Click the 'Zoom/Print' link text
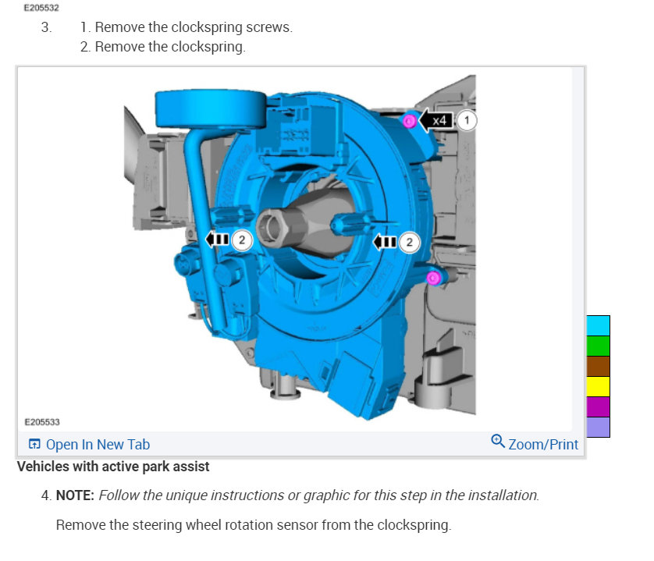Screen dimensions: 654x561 [543, 445]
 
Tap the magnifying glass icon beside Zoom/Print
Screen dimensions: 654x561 [498, 441]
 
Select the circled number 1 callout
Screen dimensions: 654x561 [467, 120]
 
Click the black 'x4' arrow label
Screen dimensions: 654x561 [435, 120]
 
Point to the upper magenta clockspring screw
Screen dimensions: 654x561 [409, 122]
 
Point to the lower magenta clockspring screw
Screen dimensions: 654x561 [433, 278]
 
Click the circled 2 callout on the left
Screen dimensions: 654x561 [241, 240]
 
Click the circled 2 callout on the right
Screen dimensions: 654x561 [409, 243]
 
